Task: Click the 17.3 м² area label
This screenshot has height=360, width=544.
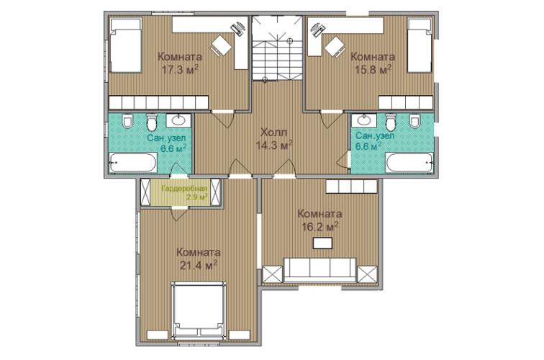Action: (x=180, y=69)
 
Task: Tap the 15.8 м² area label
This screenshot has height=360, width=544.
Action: (x=373, y=69)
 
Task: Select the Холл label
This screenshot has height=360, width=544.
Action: (x=273, y=132)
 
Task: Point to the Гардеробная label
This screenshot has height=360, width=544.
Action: (x=184, y=189)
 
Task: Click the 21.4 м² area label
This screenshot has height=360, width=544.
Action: (x=199, y=265)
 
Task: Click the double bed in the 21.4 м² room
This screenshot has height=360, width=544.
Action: (x=198, y=310)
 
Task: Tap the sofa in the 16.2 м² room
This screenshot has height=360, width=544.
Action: (x=320, y=270)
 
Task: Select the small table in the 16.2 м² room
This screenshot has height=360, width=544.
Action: (x=322, y=243)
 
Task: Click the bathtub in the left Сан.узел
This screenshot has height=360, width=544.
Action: (x=133, y=163)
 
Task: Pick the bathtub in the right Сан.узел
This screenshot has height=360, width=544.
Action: (x=409, y=163)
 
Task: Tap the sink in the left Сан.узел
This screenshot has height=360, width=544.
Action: (x=178, y=120)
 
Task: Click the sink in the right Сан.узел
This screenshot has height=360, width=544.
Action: (x=364, y=120)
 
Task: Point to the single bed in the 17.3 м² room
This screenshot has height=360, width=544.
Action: (x=126, y=45)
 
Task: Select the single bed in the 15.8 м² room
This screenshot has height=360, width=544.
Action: (x=420, y=45)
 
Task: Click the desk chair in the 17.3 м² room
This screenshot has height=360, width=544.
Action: (x=221, y=45)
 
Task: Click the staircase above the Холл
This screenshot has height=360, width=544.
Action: (x=277, y=48)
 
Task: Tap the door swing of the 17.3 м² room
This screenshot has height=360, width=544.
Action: (x=223, y=119)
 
